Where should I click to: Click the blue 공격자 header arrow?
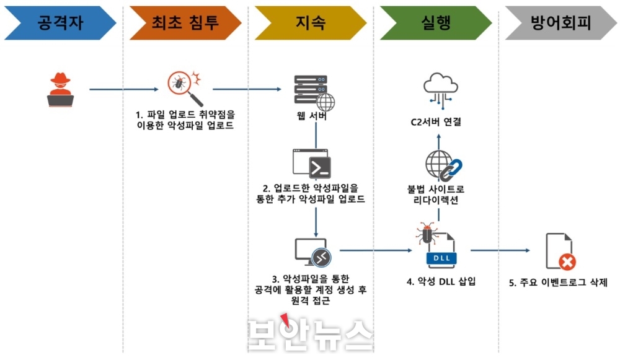coord(60,23)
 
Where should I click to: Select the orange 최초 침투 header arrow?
coord(185,23)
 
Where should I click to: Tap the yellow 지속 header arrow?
coord(311,23)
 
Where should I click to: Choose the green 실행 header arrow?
coord(436,23)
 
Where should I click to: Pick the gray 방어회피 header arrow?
coord(560,23)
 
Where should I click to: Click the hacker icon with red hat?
coord(60,90)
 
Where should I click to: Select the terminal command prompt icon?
coord(312,164)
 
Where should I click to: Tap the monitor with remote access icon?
coord(312,253)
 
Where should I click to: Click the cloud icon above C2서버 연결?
coord(440,90)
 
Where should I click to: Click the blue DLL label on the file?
coord(441,258)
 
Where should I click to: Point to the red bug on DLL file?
coord(427,233)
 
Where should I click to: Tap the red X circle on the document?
coord(567,261)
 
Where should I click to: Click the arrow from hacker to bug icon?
coord(124,89)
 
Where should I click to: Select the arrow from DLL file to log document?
coord(500,250)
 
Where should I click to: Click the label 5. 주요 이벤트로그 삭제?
coord(558,283)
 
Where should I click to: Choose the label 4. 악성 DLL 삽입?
coord(441,281)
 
